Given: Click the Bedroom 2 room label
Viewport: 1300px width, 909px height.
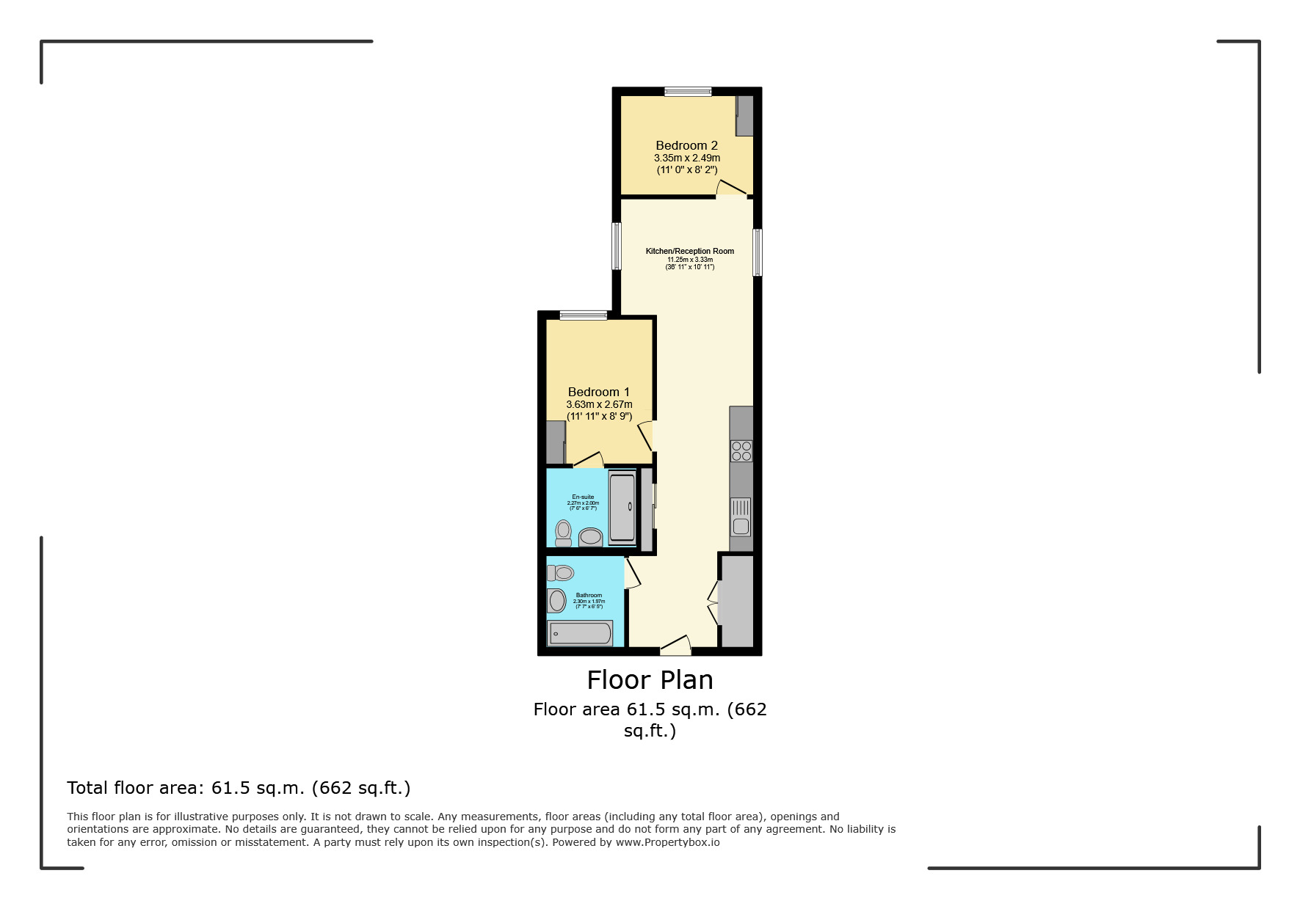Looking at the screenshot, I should pyautogui.click(x=686, y=145).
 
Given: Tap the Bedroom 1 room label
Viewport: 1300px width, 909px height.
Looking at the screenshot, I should pyautogui.click(x=598, y=392).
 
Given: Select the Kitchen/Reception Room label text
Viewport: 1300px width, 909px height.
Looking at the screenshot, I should pyautogui.click(x=689, y=251).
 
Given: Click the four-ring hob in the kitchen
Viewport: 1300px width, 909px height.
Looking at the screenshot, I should pyautogui.click(x=741, y=450).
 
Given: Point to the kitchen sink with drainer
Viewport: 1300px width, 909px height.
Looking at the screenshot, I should pyautogui.click(x=741, y=516).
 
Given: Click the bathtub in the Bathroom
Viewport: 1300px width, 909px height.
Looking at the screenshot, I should pyautogui.click(x=580, y=633).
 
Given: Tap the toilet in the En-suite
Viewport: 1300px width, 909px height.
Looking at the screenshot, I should pyautogui.click(x=563, y=533).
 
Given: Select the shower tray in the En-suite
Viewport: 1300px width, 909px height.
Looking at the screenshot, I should pyautogui.click(x=622, y=508).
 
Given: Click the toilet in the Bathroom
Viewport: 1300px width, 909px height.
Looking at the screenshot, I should pyautogui.click(x=561, y=573).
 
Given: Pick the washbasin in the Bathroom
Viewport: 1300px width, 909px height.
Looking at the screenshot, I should pyautogui.click(x=556, y=601).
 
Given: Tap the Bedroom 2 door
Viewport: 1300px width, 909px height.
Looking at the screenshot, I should pyautogui.click(x=732, y=189).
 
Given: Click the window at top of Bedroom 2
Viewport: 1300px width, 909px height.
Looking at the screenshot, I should pyautogui.click(x=688, y=92).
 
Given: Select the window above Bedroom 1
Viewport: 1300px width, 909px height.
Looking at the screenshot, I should pyautogui.click(x=584, y=315).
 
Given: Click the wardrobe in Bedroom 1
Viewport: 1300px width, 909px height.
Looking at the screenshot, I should pyautogui.click(x=556, y=442).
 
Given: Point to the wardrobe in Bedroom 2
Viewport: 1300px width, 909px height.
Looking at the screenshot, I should pyautogui.click(x=744, y=115).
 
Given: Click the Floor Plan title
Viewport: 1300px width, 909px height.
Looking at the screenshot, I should pyautogui.click(x=650, y=680).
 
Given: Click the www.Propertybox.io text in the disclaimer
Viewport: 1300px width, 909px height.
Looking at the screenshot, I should pyautogui.click(x=667, y=842).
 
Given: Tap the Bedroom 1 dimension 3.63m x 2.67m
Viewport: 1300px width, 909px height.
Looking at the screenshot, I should pyautogui.click(x=599, y=404).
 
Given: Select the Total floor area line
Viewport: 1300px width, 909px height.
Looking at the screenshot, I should pyautogui.click(x=239, y=788).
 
